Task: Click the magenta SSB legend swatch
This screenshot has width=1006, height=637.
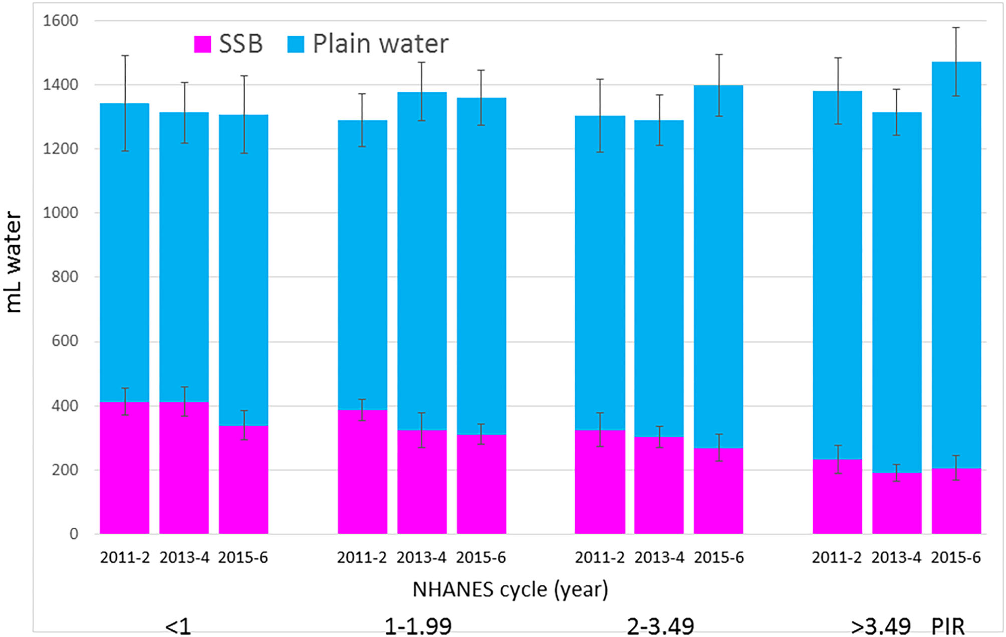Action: pyautogui.click(x=202, y=44)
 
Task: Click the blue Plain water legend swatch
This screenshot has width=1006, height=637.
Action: pyautogui.click(x=296, y=44)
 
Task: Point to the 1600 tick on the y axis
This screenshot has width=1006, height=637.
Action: pyautogui.click(x=60, y=21)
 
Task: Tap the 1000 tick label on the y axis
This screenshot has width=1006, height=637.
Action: pyautogui.click(x=60, y=213)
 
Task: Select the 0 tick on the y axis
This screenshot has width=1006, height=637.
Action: pyautogui.click(x=74, y=534)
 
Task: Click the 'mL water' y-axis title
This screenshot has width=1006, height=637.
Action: pyautogui.click(x=14, y=262)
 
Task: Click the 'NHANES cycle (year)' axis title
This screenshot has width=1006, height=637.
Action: pyautogui.click(x=510, y=589)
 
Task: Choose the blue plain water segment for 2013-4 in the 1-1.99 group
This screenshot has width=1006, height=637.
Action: pyautogui.click(x=422, y=261)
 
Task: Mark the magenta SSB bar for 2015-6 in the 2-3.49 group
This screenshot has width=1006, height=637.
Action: pyautogui.click(x=718, y=491)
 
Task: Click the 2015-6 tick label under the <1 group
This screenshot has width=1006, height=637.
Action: pyautogui.click(x=243, y=557)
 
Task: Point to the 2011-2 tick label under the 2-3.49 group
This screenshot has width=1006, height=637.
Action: pyautogui.click(x=600, y=557)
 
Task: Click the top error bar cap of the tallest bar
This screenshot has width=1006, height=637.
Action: pyautogui.click(x=956, y=28)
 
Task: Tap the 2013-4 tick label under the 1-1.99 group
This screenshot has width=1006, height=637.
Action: pyautogui.click(x=421, y=557)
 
